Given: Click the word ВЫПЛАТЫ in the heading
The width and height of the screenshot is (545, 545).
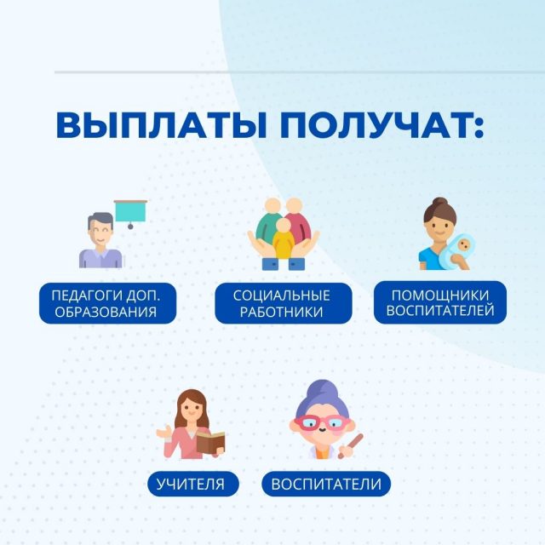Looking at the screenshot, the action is [x=161, y=125].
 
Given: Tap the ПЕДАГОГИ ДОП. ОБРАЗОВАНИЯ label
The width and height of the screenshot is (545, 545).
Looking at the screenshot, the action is [x=107, y=303].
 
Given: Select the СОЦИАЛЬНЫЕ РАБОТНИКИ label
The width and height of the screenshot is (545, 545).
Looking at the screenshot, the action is [x=284, y=303].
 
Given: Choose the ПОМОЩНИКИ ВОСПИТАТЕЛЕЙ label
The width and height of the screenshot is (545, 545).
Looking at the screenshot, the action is [x=440, y=303].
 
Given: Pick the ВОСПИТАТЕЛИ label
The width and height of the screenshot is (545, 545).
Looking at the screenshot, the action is [x=326, y=484].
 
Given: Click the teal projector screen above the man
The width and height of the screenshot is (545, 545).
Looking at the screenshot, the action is [x=130, y=211].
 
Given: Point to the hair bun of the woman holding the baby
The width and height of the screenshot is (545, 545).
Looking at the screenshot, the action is [x=439, y=202].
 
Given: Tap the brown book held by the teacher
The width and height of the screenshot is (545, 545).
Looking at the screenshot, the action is [x=210, y=442].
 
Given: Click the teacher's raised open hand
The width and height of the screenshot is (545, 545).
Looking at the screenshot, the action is [x=163, y=432].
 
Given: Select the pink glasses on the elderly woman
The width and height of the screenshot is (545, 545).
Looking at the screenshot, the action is [x=321, y=422].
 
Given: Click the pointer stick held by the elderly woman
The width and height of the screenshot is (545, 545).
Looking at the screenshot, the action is [x=351, y=445].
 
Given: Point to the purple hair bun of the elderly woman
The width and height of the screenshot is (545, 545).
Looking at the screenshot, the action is [x=323, y=388].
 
